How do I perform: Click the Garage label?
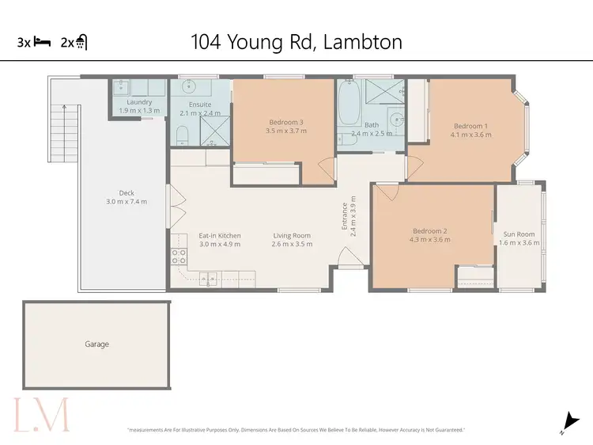click(96, 344)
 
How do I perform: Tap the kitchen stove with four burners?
click(179, 256)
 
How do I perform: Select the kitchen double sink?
click(209, 278)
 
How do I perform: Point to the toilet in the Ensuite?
click(181, 135)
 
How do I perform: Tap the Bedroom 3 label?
click(285, 122)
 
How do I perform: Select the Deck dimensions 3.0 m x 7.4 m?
click(127, 202)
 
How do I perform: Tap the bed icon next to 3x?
click(42, 43)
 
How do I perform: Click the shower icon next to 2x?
click(81, 43)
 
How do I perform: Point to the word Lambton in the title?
click(363, 41)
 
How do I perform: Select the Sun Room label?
click(519, 234)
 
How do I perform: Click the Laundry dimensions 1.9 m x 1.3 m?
click(139, 111)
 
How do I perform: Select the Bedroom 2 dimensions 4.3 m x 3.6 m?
click(431, 240)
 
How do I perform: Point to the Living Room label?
click(292, 235)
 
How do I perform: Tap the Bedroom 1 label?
click(470, 126)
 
